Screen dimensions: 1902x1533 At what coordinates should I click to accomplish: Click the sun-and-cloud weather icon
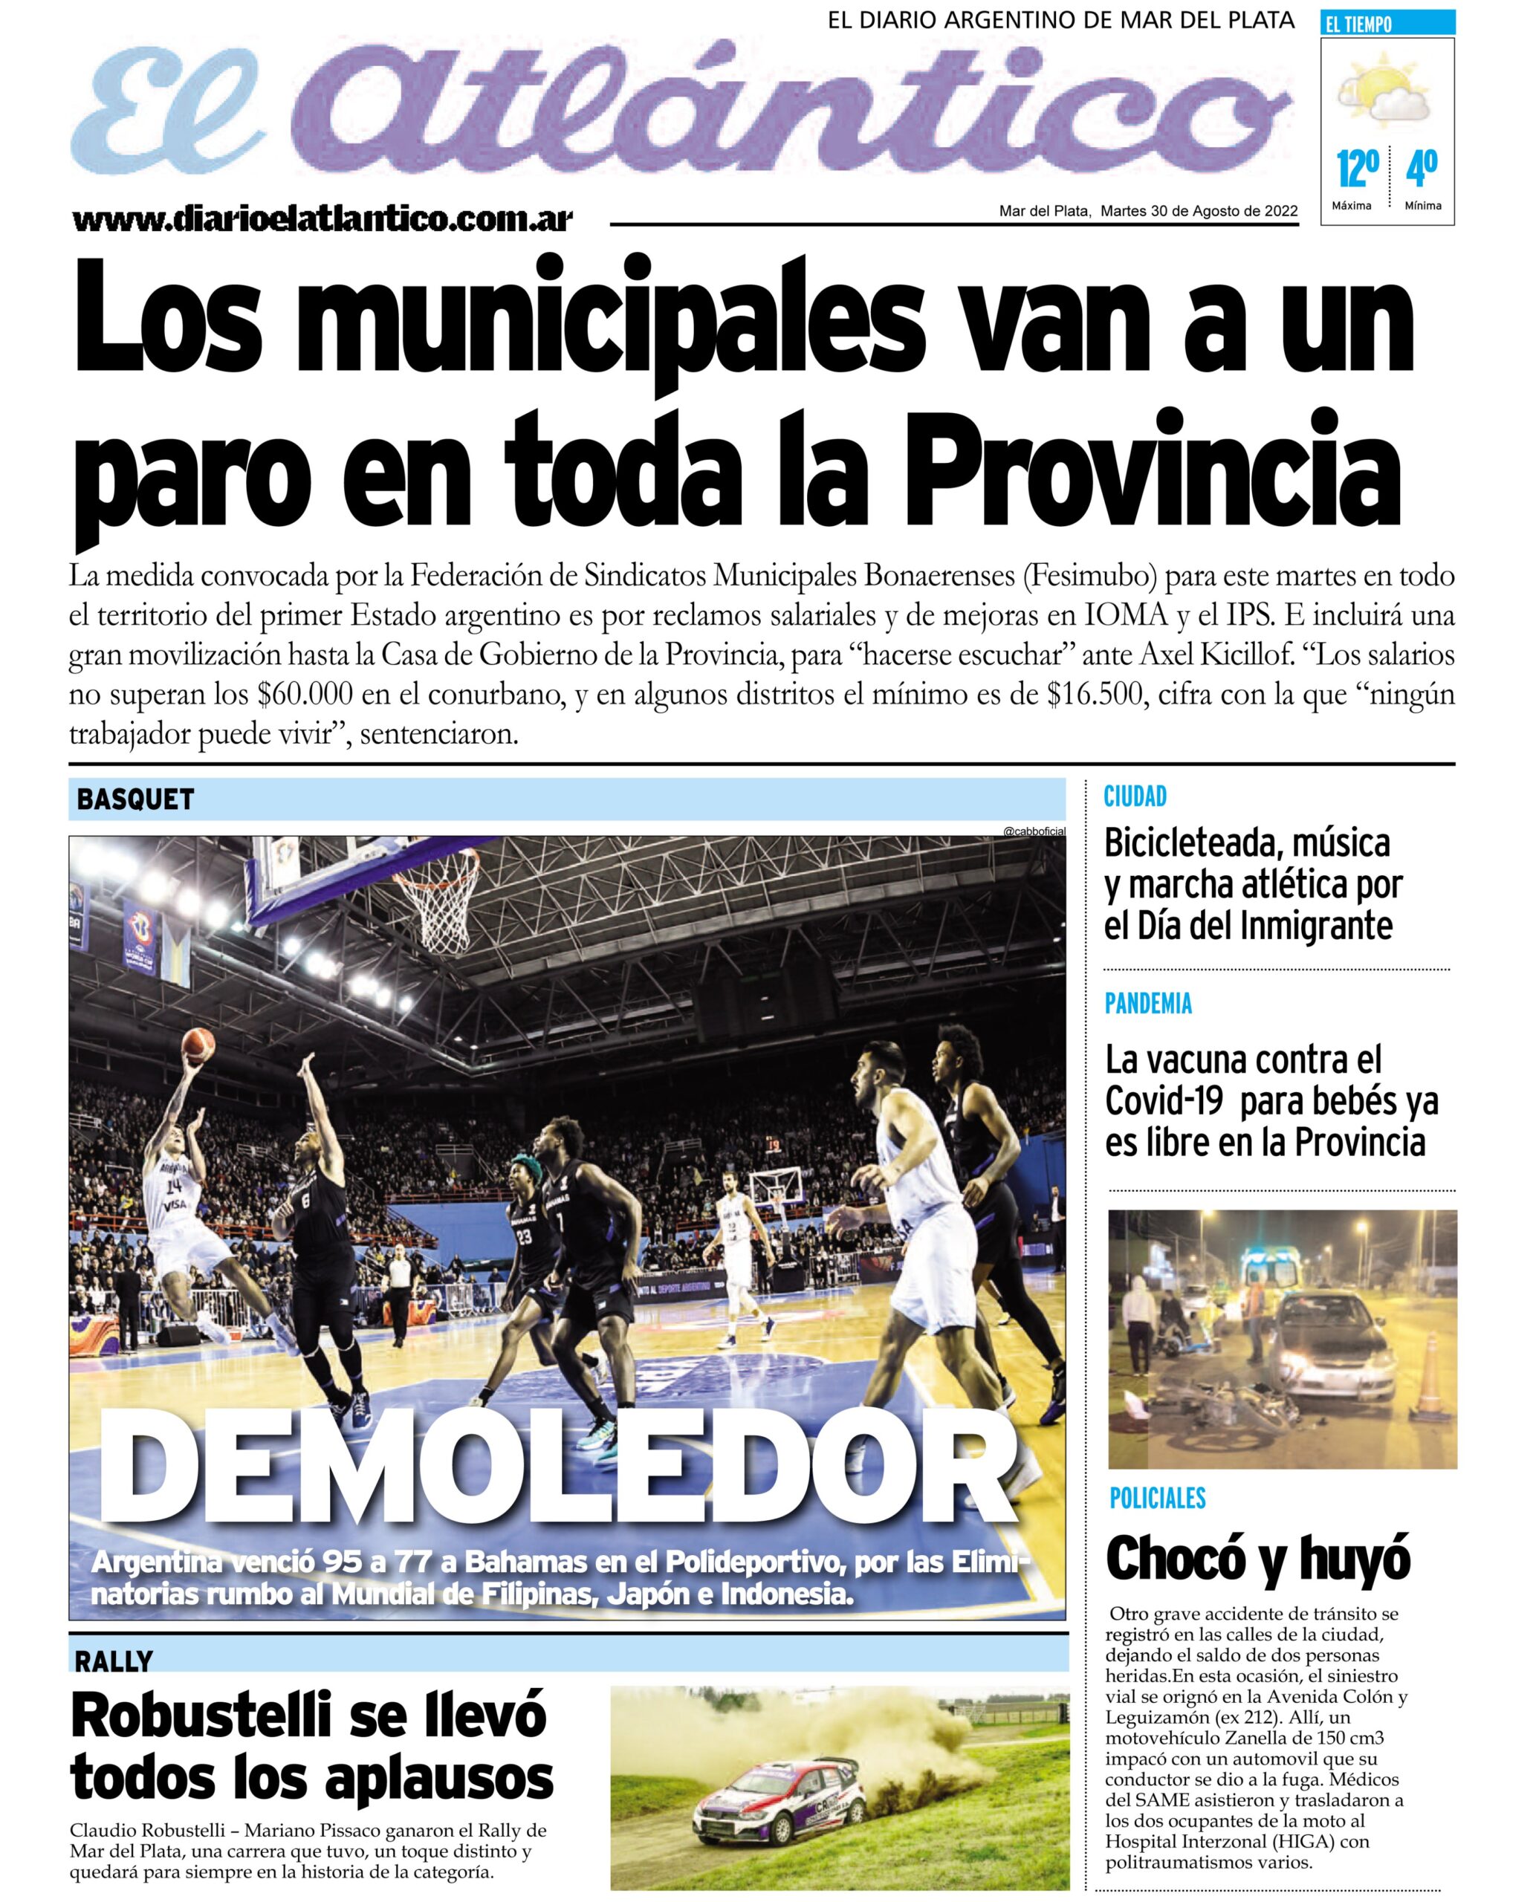coord(1384,90)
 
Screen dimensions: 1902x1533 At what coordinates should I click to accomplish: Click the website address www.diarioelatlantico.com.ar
coord(323,218)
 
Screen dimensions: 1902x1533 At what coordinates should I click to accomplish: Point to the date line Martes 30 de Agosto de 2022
coord(1199,211)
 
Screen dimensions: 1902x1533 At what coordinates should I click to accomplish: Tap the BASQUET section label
coord(135,799)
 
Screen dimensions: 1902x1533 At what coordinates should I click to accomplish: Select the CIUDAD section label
coord(1135,796)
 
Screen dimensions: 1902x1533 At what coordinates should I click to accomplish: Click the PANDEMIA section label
coord(1148,1003)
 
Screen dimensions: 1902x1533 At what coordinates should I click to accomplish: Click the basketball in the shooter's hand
coord(198,1045)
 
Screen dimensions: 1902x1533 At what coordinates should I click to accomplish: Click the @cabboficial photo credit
coord(1034,831)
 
